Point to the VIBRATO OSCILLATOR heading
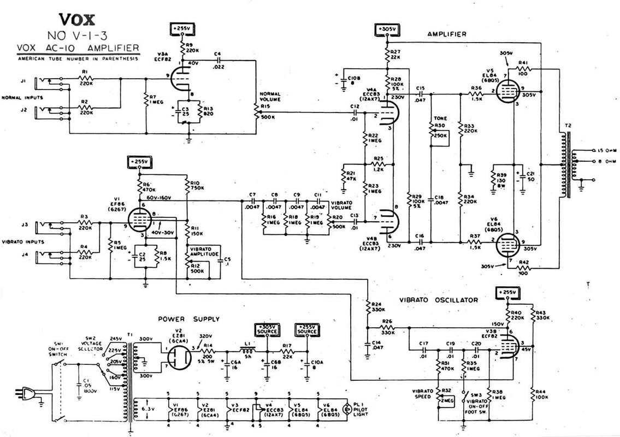pyautogui.click(x=439, y=300)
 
